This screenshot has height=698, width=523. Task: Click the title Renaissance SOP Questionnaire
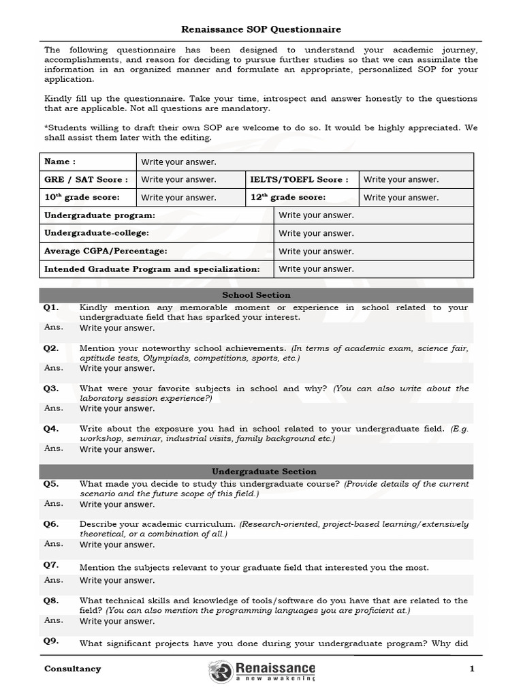[261, 29]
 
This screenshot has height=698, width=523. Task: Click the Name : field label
[60, 162]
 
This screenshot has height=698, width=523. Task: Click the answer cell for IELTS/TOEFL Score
[415, 179]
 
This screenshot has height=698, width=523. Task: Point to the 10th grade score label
[82, 197]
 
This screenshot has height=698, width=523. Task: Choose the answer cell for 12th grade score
[415, 197]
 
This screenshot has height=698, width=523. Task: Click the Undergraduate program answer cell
[373, 215]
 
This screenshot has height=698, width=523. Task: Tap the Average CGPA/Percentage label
[106, 251]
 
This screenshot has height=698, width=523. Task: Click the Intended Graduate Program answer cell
[373, 269]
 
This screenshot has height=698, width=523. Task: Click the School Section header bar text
[256, 295]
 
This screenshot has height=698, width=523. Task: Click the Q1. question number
[52, 307]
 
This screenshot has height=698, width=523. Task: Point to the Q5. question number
[52, 484]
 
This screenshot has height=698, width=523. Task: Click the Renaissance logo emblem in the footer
[221, 671]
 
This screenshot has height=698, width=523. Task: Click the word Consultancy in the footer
[73, 669]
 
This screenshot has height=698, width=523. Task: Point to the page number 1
[471, 669]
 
